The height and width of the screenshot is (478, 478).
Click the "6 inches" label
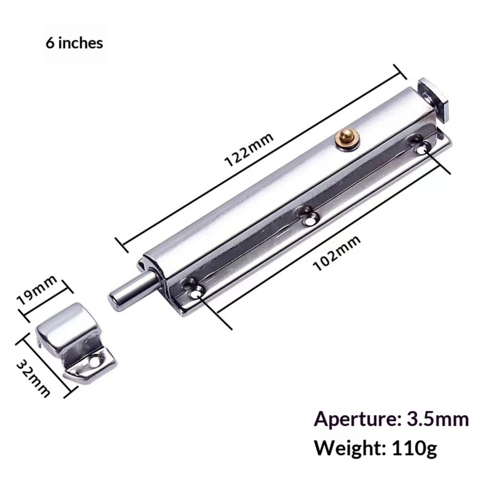(74, 43)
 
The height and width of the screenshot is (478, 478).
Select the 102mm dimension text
(336, 253)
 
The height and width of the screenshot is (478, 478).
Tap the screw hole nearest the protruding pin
(195, 288)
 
